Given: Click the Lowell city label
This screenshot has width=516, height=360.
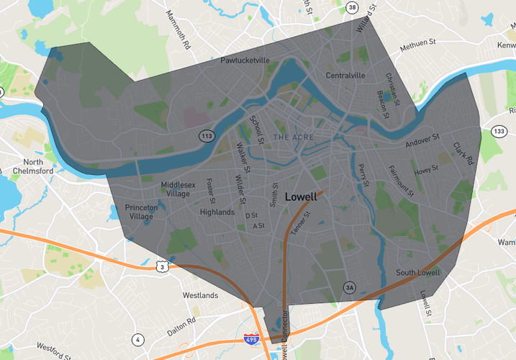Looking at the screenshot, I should [301, 197].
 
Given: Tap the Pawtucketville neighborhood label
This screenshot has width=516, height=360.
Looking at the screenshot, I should [245, 61].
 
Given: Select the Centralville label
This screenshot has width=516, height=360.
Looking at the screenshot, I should [345, 76].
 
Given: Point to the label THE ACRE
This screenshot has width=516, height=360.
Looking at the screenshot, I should [291, 137].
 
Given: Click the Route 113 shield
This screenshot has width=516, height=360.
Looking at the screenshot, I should [207, 135].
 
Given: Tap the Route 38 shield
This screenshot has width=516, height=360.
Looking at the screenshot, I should [351, 8].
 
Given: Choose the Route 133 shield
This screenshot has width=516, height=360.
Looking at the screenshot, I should [498, 131].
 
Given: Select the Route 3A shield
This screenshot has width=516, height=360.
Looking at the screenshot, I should [350, 287].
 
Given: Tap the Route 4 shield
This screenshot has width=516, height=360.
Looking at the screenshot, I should [137, 340].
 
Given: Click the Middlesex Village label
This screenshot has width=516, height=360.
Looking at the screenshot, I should [178, 189].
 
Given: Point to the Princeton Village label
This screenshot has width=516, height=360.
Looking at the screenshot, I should [141, 212].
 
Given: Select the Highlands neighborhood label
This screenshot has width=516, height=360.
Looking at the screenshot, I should [217, 212].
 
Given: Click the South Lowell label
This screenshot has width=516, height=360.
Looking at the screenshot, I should [417, 273].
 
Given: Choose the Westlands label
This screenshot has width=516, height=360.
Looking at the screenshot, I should [200, 295].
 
